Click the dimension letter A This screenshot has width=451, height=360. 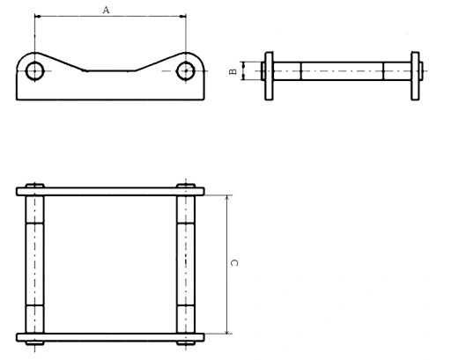(106, 11)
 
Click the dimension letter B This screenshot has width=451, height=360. (233, 71)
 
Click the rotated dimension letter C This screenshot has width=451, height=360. (234, 262)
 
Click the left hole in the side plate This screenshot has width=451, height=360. (35, 71)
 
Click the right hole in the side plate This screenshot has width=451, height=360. (186, 71)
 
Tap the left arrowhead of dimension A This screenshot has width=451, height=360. (37, 17)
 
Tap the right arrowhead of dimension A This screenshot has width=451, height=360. (183, 17)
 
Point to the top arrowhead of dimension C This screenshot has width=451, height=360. (227, 198)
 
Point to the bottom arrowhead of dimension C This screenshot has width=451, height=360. (227, 331)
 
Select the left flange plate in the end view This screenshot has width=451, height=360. (269, 76)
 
